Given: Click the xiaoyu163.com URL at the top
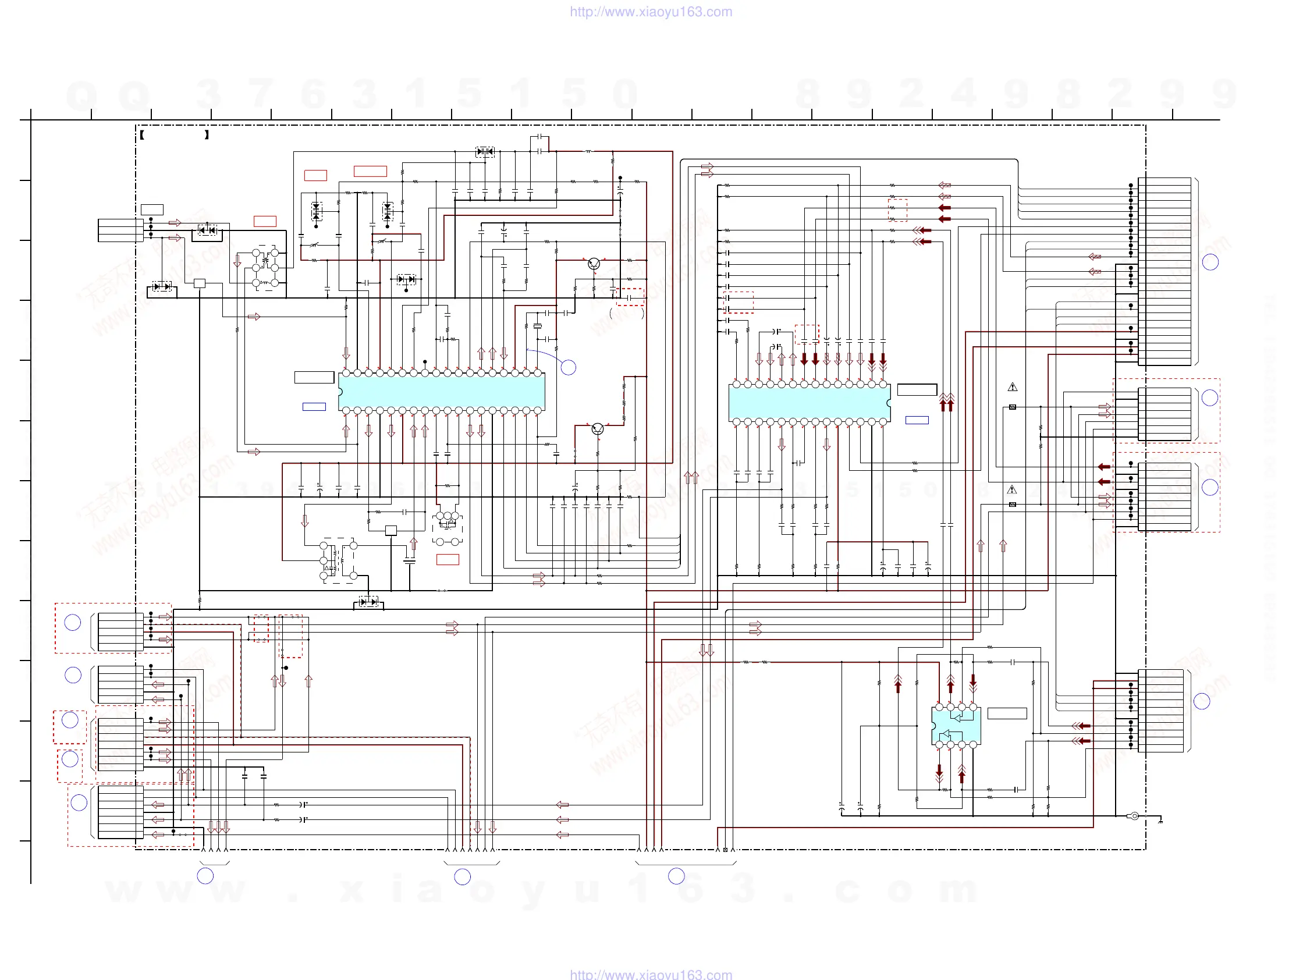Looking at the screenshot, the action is pos(650,12).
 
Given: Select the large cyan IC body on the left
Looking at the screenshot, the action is pos(441,392).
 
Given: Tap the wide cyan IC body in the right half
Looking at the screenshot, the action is pos(809,403).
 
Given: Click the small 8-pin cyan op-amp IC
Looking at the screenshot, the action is pos(956,726).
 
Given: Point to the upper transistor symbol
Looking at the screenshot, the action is pos(594,264).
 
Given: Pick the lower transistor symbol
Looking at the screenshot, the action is pos(597,429).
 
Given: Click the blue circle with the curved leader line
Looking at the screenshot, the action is pos(568,368).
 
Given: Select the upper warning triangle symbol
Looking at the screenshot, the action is pos(1013,387).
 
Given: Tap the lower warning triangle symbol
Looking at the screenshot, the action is pos(1012,489).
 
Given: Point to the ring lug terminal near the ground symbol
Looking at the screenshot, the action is pos(1134,816).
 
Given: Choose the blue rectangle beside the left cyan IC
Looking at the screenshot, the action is pos(314,406).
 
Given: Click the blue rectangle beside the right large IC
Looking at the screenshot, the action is pos(917,420).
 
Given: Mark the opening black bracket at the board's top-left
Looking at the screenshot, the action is pos(142,135).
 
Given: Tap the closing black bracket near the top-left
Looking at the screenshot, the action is pos(207,135).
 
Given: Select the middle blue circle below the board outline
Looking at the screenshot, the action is pos(463,877).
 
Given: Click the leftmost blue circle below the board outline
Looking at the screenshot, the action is pos(205,876).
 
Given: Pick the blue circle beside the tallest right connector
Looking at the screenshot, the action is pos(1210,262).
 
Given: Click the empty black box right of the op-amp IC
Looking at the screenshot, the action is pos(1007,713).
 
